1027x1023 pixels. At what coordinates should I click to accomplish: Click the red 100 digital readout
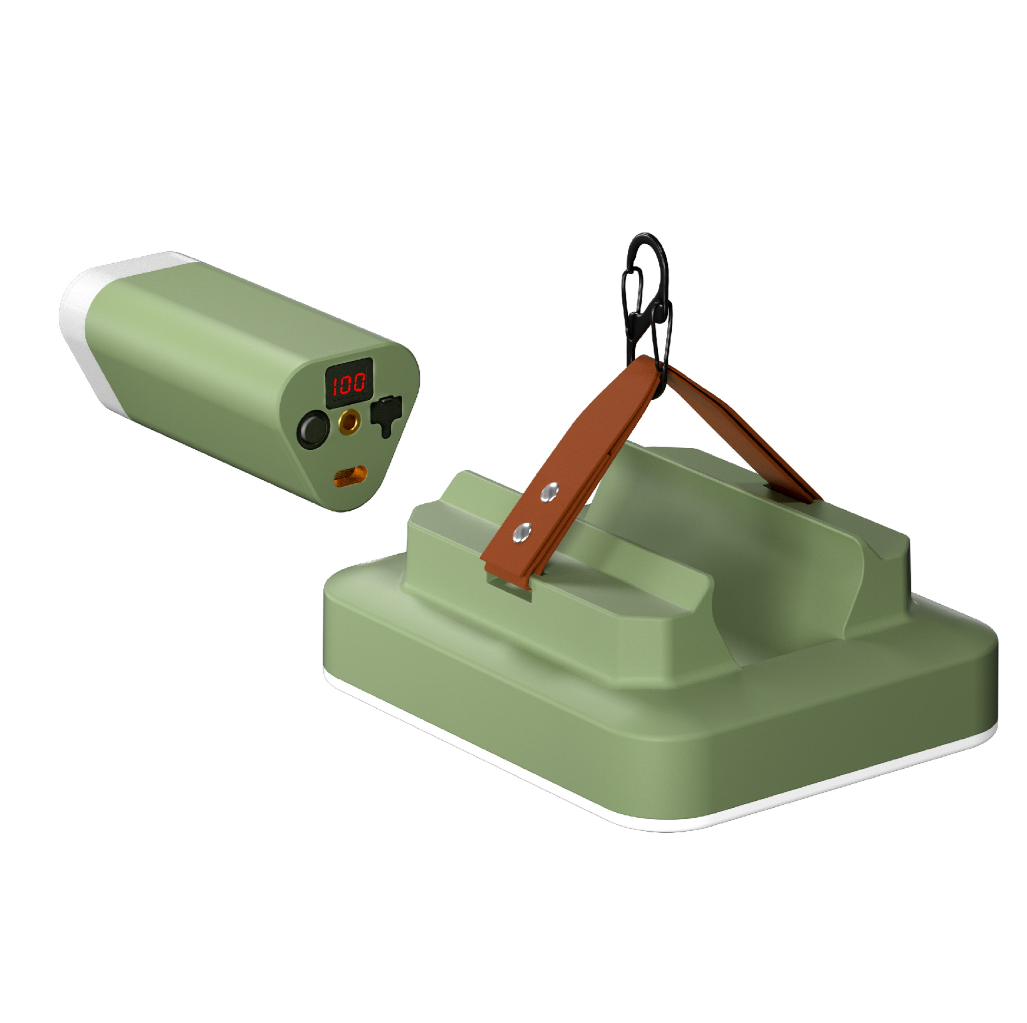[x=349, y=382]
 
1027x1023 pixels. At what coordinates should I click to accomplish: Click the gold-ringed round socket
[x=349, y=422]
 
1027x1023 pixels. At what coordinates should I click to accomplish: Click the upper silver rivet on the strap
[x=550, y=492]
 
